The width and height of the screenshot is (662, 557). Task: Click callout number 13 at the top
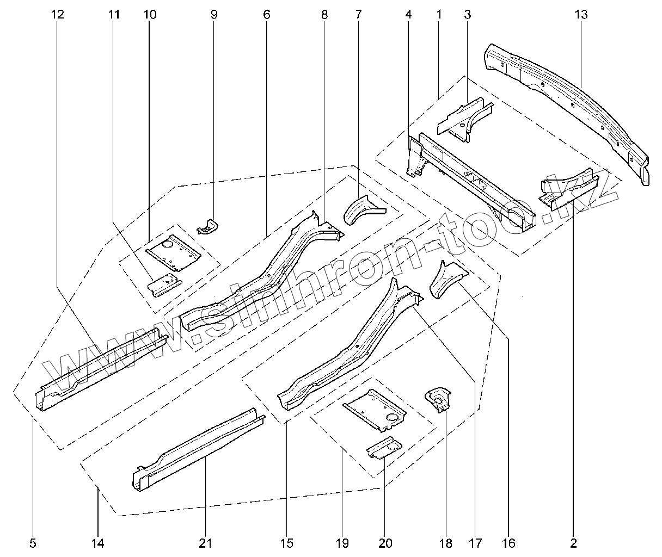pos(581,15)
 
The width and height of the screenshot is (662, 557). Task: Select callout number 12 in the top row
pos(58,15)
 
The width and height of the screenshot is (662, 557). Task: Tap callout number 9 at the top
pos(214,15)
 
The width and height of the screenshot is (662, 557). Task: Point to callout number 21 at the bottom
pos(206,542)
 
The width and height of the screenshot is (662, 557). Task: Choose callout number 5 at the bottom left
pos(33,542)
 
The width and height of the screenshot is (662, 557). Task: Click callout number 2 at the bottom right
pos(573,542)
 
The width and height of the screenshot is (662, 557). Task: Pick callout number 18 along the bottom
pos(445,542)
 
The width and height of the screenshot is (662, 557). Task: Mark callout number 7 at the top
pos(358,15)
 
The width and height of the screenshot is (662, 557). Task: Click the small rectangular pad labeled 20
pos(384,449)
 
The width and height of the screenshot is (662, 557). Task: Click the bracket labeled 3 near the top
pos(464,119)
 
